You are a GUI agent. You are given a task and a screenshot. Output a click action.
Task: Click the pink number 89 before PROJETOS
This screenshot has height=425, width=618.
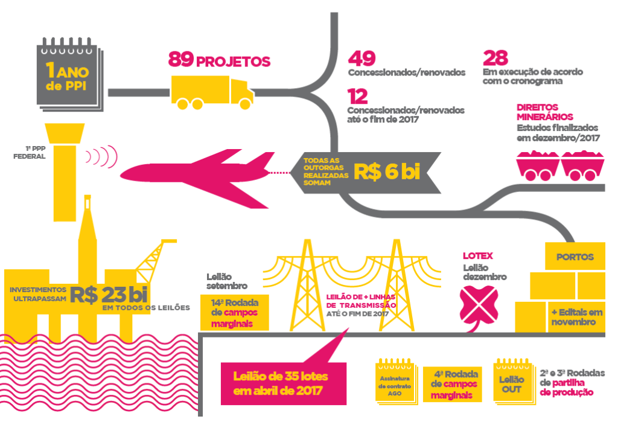point(180,60)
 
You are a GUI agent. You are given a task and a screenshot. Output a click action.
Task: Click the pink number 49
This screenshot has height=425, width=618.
point(362,58)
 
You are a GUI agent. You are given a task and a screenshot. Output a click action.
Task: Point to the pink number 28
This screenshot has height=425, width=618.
point(495,58)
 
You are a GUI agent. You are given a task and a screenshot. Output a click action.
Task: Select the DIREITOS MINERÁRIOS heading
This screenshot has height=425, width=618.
point(544,112)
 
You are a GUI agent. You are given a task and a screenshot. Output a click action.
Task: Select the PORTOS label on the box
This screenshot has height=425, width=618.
point(575,257)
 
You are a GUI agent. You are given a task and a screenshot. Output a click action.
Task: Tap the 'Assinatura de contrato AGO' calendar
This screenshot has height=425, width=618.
point(395,383)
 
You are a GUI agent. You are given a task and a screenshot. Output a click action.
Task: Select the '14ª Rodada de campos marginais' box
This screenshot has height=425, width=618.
point(234,313)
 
